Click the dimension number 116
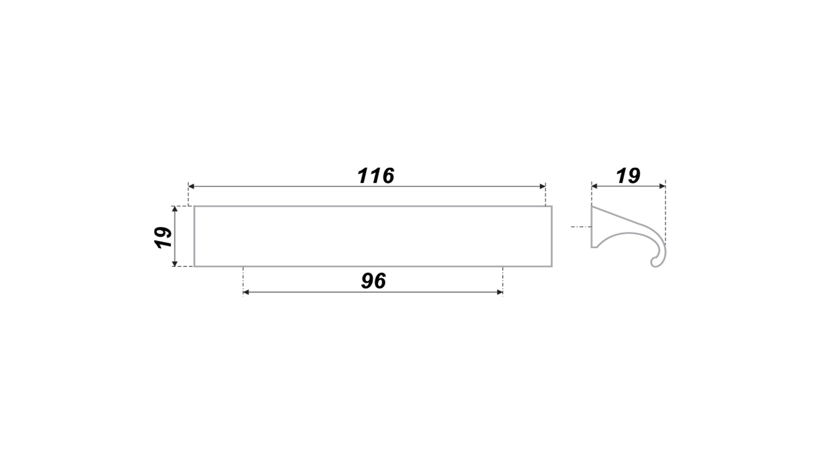point(375,176)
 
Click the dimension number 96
point(373,281)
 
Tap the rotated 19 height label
point(163,237)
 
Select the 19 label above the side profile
point(628,176)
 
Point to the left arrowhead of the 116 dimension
point(192,186)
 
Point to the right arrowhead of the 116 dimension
point(542,186)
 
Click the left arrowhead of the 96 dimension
point(246,292)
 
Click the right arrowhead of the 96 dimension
point(500,292)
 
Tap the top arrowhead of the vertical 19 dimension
point(174,209)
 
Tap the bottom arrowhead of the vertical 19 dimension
point(174,263)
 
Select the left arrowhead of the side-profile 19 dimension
point(595,186)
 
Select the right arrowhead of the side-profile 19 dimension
point(662,186)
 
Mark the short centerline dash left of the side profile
point(581,226)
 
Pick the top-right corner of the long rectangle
point(552,206)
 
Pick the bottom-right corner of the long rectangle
point(552,266)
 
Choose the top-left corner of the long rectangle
point(194,206)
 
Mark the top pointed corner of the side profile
point(592,206)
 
